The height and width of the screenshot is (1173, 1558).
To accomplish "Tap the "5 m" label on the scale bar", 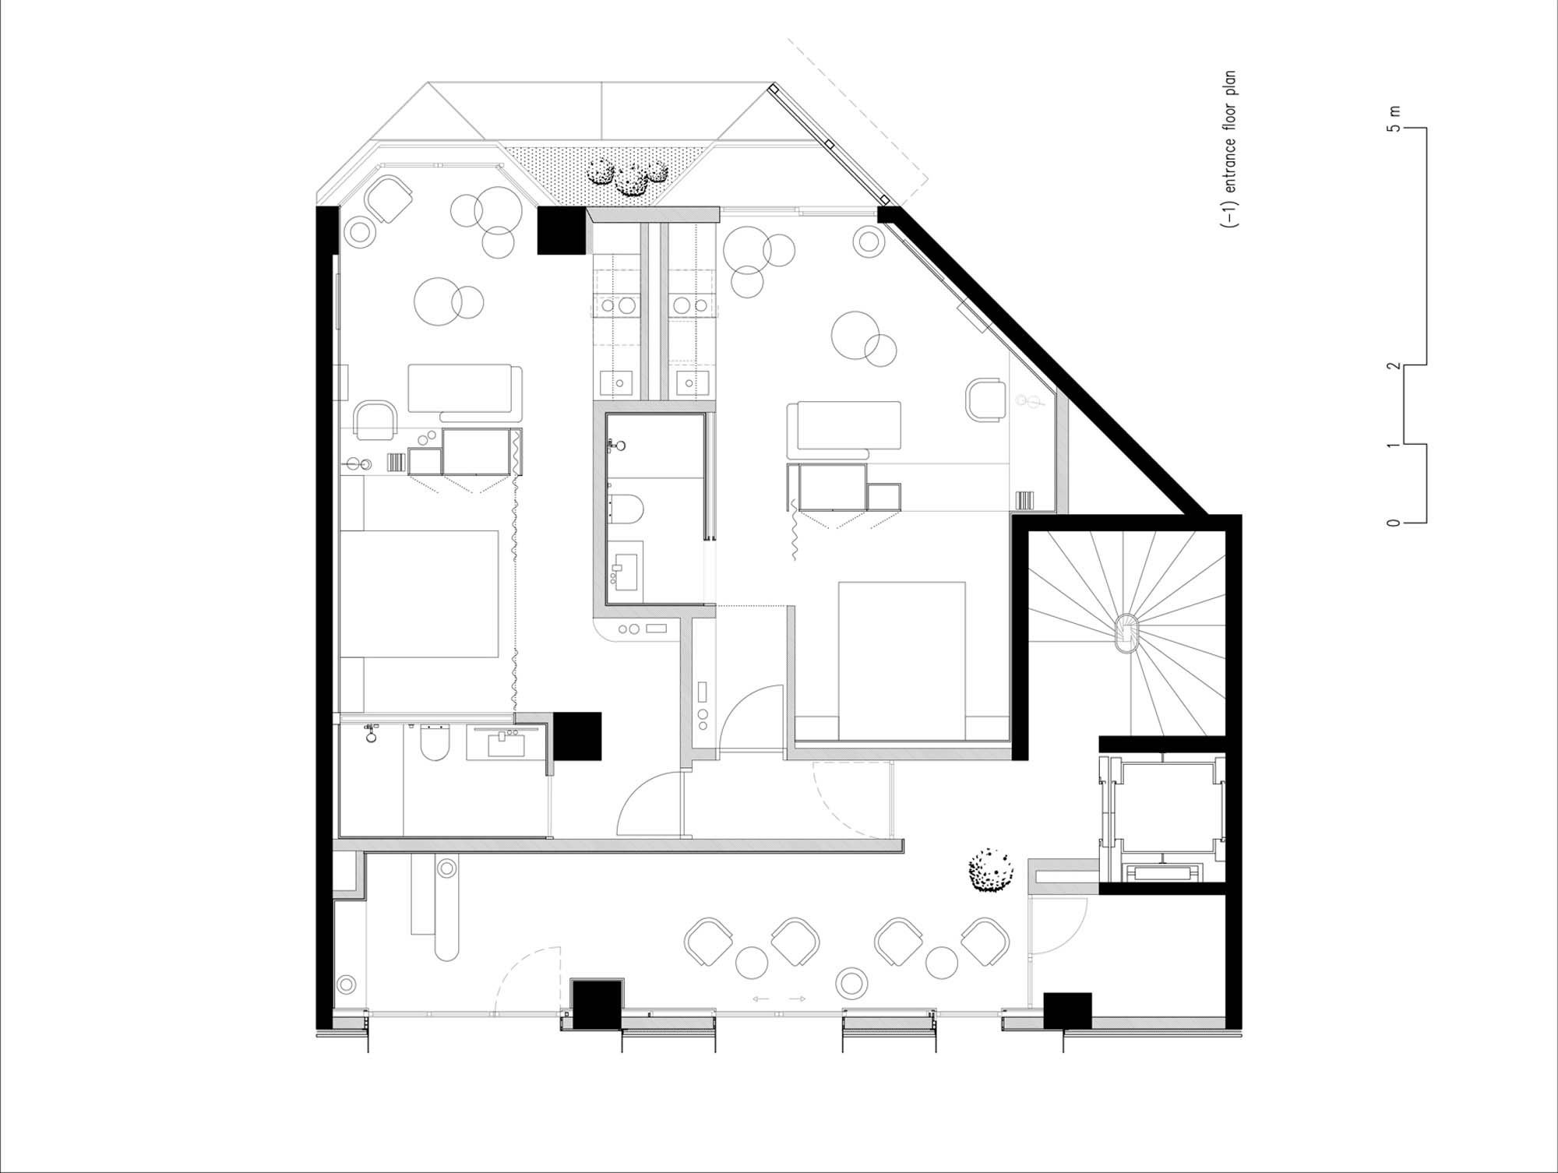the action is [x=1394, y=118].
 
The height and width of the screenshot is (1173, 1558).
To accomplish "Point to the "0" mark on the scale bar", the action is [x=1394, y=523].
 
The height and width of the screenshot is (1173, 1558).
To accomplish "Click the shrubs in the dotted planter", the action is [x=627, y=177].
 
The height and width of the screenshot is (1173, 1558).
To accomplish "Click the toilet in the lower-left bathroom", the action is [x=435, y=742].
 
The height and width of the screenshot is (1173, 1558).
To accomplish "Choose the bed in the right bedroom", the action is [x=902, y=660].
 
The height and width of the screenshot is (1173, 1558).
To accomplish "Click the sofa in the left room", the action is [x=465, y=389].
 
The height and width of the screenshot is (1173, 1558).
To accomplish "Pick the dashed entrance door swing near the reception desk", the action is [x=528, y=981].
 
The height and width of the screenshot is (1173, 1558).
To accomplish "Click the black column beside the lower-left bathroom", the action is [x=577, y=736].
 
